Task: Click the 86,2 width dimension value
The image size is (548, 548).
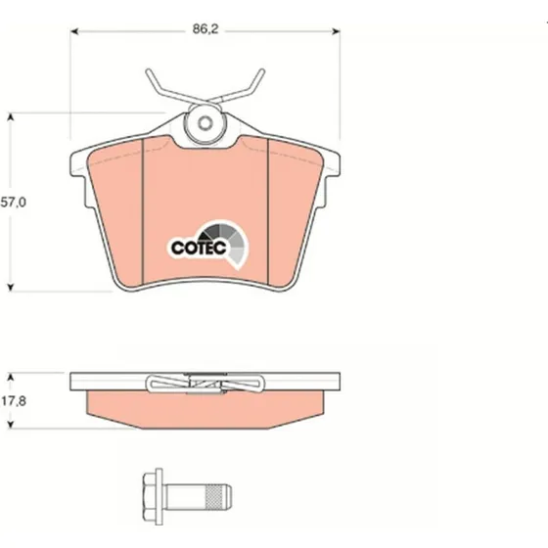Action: tap(205, 29)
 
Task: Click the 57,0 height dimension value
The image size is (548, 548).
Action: tap(14, 203)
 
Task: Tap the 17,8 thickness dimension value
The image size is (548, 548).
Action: tap(14, 401)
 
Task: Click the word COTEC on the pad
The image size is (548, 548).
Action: tap(199, 248)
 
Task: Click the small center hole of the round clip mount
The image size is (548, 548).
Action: tap(205, 122)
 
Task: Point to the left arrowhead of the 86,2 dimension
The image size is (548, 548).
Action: tap(75, 31)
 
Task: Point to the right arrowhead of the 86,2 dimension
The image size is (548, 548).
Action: tap(336, 31)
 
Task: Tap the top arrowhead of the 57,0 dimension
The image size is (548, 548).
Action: tap(11, 116)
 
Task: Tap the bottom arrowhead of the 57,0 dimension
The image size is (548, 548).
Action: tap(11, 288)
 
